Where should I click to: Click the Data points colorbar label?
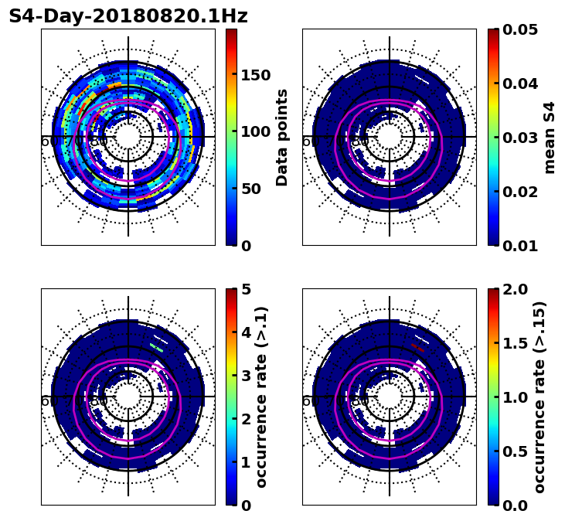coord(282,138)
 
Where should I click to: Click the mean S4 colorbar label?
coord(550,138)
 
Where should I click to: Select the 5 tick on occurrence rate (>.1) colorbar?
coord(247,289)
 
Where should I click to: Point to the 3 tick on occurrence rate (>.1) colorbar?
coord(247,376)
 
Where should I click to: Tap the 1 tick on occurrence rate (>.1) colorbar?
coord(247,462)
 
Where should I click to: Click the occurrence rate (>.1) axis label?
coord(261,397)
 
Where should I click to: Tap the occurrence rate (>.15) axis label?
coord(539,397)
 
